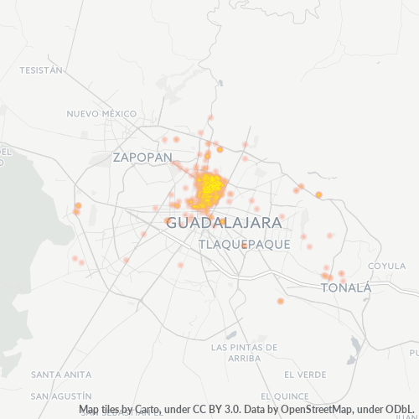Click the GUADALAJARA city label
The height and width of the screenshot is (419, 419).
(223, 224)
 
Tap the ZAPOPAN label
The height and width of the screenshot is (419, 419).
(142, 157)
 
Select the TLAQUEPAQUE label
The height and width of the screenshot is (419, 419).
(245, 244)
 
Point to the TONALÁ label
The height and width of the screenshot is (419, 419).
(346, 287)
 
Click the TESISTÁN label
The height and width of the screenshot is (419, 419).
(41, 70)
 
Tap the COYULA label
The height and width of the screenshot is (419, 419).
(387, 266)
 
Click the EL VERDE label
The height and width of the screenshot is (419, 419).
(305, 374)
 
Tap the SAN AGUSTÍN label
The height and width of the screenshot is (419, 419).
(60, 395)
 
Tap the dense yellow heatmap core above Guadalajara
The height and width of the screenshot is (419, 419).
(209, 188)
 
